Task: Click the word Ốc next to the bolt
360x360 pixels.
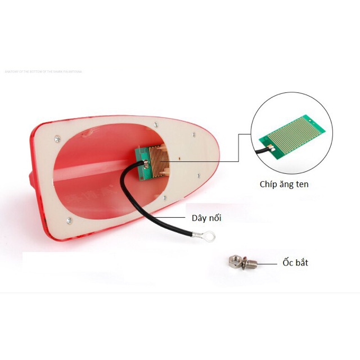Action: point(289,262)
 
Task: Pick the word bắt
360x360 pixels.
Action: point(302,262)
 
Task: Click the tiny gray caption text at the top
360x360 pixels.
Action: point(43,71)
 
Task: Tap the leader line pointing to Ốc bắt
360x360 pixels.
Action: point(268,263)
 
